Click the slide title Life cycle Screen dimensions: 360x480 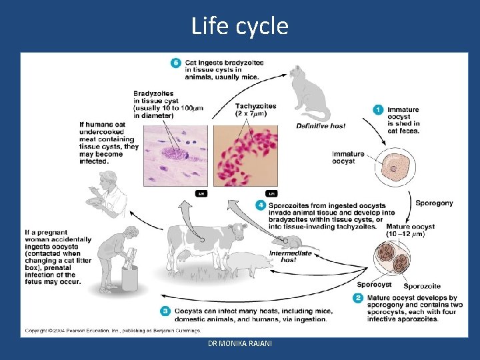point(239,26)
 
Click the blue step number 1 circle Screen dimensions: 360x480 point(378,109)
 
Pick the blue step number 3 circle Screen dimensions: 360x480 point(165,311)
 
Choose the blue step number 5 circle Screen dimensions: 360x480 point(176,63)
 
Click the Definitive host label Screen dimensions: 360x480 point(321,125)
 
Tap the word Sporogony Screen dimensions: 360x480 point(434,203)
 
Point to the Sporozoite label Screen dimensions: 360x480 point(421,287)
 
